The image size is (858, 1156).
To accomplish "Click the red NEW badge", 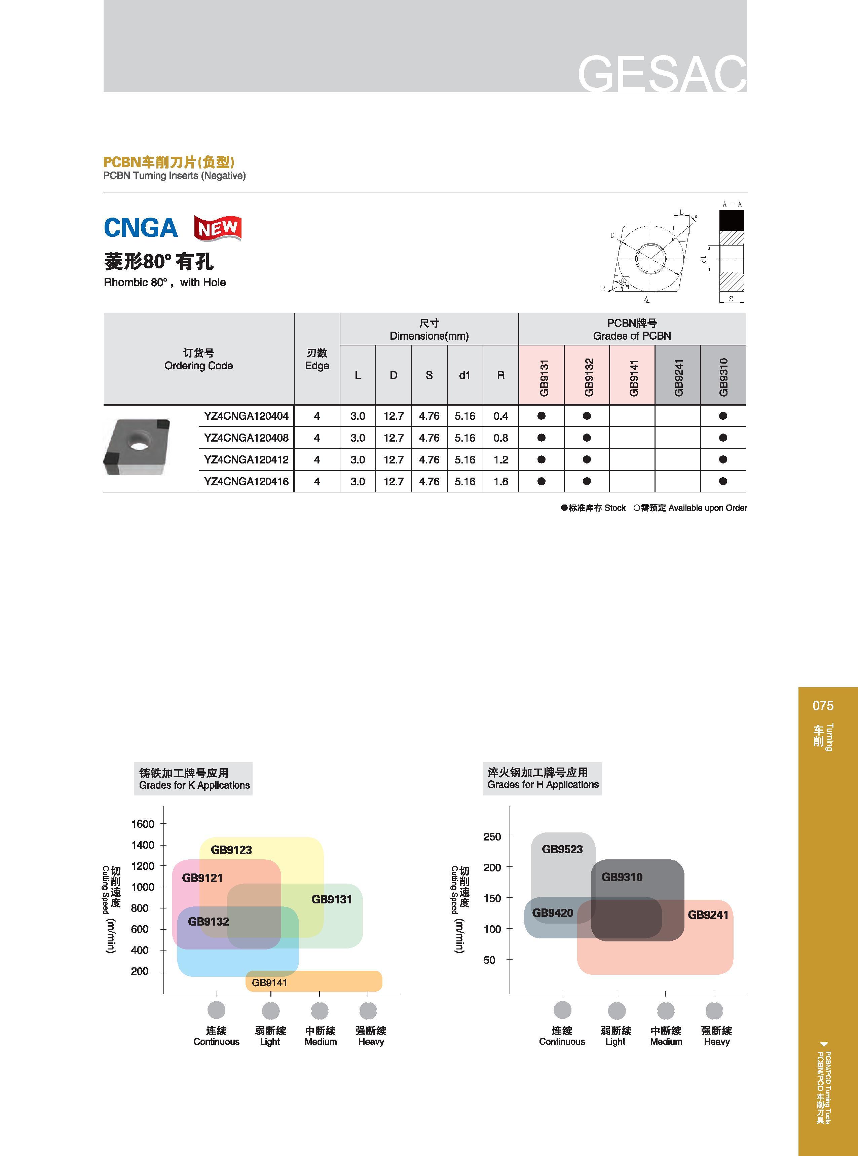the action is point(218,228).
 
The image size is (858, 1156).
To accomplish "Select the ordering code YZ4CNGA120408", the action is point(246,438).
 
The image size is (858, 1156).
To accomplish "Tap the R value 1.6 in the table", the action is point(501,481).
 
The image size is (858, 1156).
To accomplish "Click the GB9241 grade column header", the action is point(678,375).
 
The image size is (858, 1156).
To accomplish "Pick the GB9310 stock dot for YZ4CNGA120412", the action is point(723,459).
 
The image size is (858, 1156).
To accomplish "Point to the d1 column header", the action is point(465,375).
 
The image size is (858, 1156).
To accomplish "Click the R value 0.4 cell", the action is point(501,416).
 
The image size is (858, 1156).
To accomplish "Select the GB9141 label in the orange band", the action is point(269,982).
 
